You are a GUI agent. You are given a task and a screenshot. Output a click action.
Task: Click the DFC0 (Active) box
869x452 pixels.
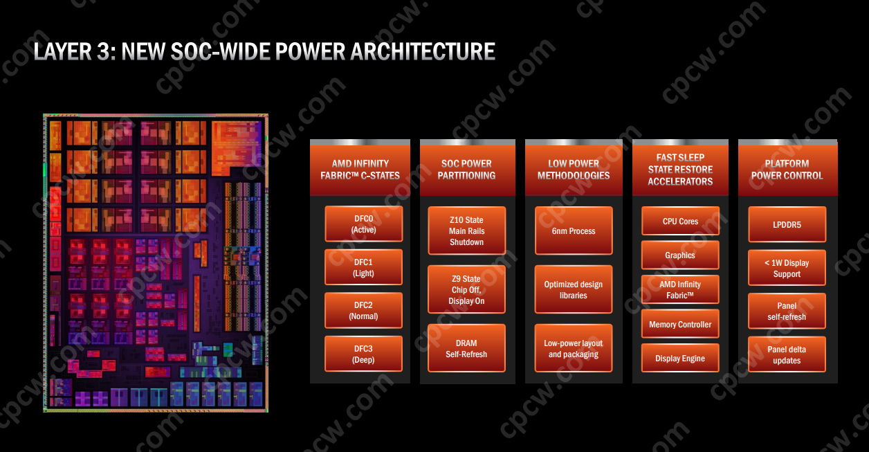363,224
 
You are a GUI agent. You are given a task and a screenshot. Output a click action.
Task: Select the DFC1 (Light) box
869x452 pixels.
363,267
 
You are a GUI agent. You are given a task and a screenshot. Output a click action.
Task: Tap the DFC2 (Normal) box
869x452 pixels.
363,311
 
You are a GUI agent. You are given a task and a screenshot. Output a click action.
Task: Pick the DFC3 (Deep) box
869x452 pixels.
363,354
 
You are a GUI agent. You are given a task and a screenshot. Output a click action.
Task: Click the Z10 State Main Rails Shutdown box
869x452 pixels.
466,231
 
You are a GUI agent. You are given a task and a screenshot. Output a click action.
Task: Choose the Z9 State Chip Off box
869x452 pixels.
466,290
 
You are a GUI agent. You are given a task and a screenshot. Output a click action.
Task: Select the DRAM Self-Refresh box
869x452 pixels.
466,348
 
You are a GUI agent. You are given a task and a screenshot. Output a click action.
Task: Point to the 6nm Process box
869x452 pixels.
574,231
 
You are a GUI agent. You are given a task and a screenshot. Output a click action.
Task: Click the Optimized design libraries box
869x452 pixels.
574,290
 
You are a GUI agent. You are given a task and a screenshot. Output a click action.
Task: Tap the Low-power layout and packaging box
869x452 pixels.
574,348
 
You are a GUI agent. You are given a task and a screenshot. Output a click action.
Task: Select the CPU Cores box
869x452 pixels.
680,222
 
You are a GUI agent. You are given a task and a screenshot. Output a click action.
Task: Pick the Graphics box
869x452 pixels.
680,255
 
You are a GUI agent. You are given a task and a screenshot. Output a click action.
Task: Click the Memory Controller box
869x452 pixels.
680,324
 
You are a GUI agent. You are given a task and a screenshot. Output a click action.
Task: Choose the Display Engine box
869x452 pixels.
680,358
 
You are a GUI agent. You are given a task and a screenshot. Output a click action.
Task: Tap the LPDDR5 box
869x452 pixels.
787,225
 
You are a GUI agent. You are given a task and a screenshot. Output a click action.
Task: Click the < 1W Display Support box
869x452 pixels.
787,268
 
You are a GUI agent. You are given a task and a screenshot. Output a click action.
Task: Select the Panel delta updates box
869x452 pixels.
787,354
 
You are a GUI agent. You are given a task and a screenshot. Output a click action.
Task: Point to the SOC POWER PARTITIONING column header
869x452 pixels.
467,170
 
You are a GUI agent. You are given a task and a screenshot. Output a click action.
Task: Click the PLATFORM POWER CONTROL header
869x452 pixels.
787,170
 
